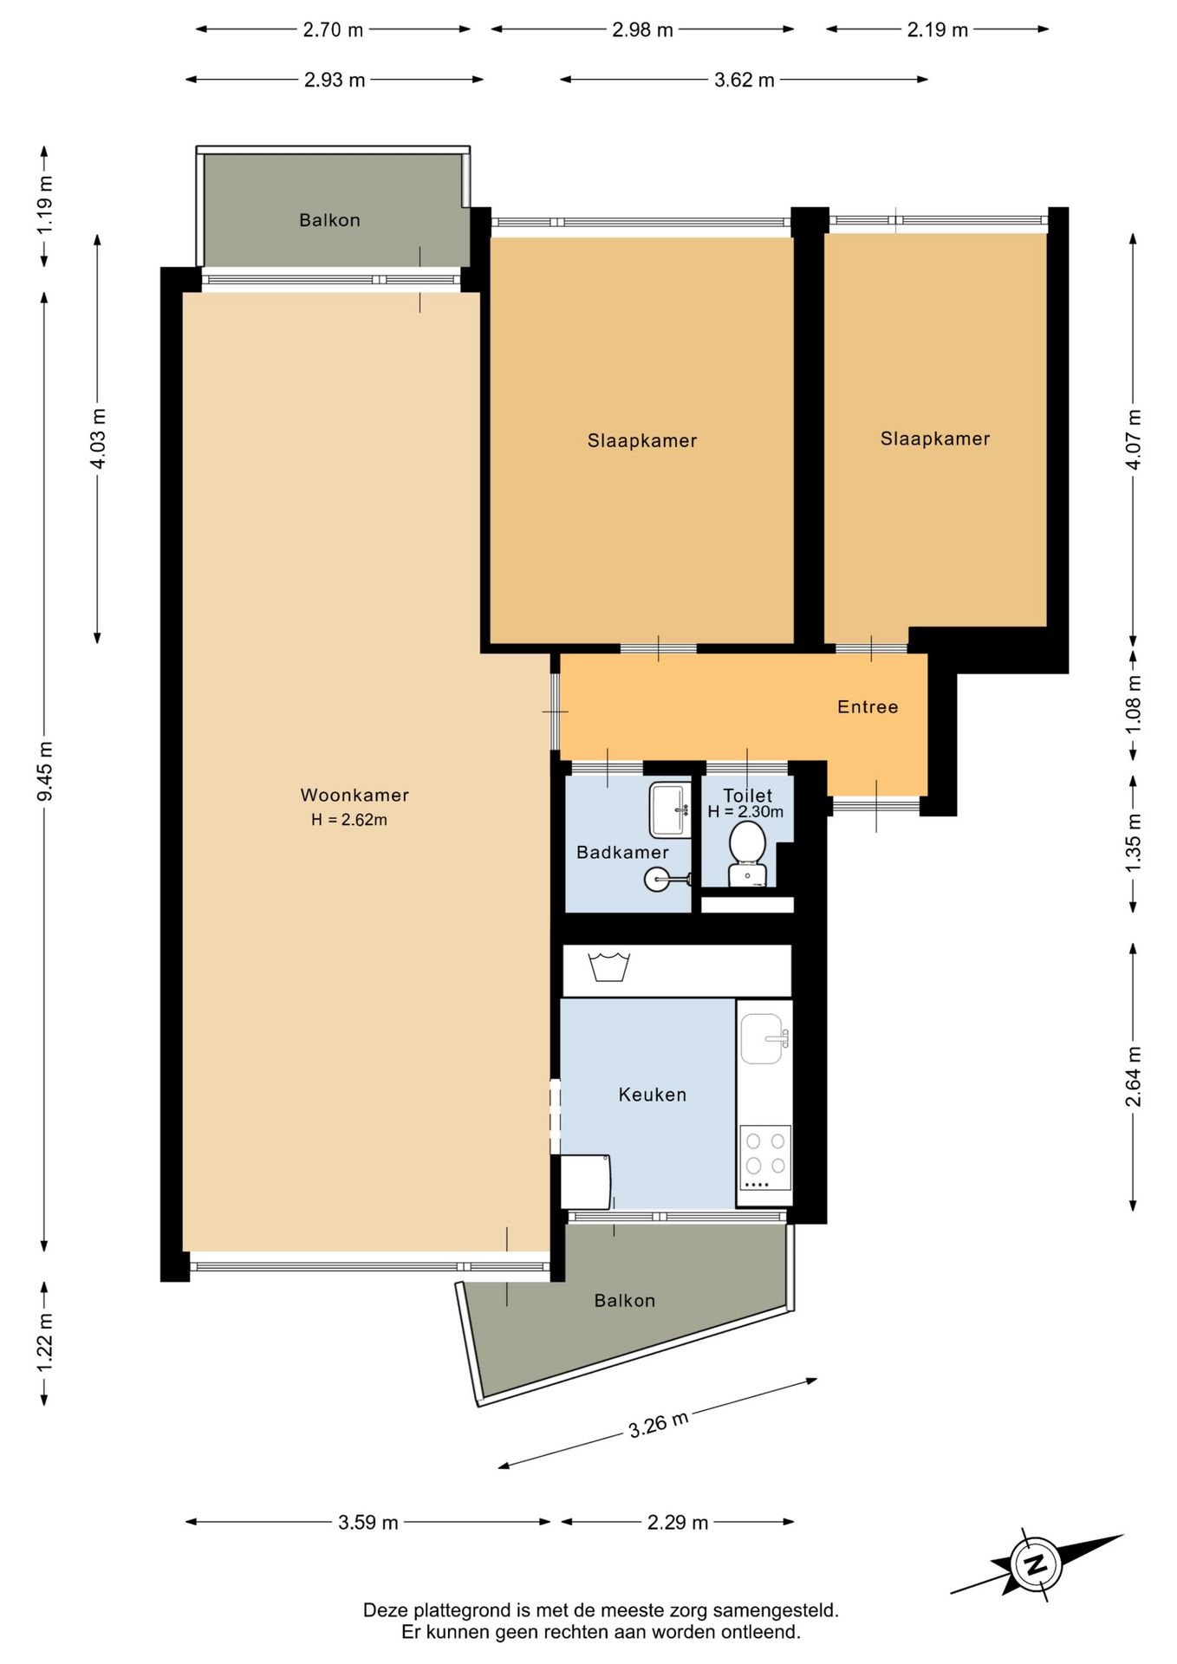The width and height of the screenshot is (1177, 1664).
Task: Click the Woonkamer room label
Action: pos(354,795)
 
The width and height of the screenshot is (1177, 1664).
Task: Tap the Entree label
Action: pos(868,707)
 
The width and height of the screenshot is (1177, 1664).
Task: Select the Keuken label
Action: pos(653,1095)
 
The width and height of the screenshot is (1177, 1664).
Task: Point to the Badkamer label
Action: pos(622,853)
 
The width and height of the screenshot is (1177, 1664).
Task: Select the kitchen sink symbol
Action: pos(764,1038)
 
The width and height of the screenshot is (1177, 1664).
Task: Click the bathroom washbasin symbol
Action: pos(671,810)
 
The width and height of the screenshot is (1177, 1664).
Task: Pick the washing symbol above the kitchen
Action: pos(609,966)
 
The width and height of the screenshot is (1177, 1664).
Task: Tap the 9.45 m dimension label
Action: pos(45,771)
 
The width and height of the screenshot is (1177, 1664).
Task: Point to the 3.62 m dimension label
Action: pos(745,80)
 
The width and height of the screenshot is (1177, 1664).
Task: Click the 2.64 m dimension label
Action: pos(1134,1076)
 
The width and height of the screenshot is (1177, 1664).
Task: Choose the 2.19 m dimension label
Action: pos(938,29)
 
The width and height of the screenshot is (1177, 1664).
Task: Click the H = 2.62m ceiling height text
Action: pos(349,820)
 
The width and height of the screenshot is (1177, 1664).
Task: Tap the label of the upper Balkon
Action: pos(329,220)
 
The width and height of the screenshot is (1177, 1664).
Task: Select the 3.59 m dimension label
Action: pos(368,1523)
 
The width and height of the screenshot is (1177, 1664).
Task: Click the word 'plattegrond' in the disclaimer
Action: pos(461,1611)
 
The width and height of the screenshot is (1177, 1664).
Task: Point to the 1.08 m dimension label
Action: pos(1134,704)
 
